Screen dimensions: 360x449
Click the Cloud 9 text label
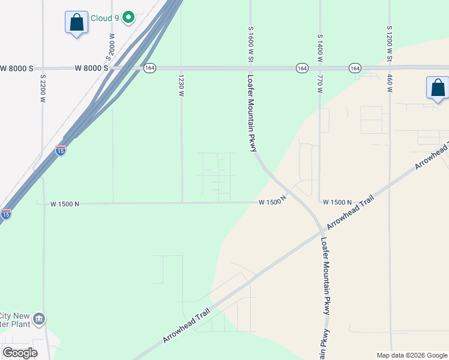click(104, 18)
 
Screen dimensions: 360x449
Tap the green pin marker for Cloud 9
click(128, 18)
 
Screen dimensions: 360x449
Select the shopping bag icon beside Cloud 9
click(76, 23)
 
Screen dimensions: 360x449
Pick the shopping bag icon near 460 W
click(438, 88)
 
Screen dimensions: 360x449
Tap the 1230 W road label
click(181, 85)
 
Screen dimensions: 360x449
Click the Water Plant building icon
click(39, 318)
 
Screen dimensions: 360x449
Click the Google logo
click(20, 352)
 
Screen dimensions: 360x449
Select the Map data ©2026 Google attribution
click(412, 355)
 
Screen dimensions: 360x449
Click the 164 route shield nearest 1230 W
click(149, 68)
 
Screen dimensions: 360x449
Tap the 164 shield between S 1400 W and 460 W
click(354, 68)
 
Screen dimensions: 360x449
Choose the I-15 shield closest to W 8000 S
click(61, 151)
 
